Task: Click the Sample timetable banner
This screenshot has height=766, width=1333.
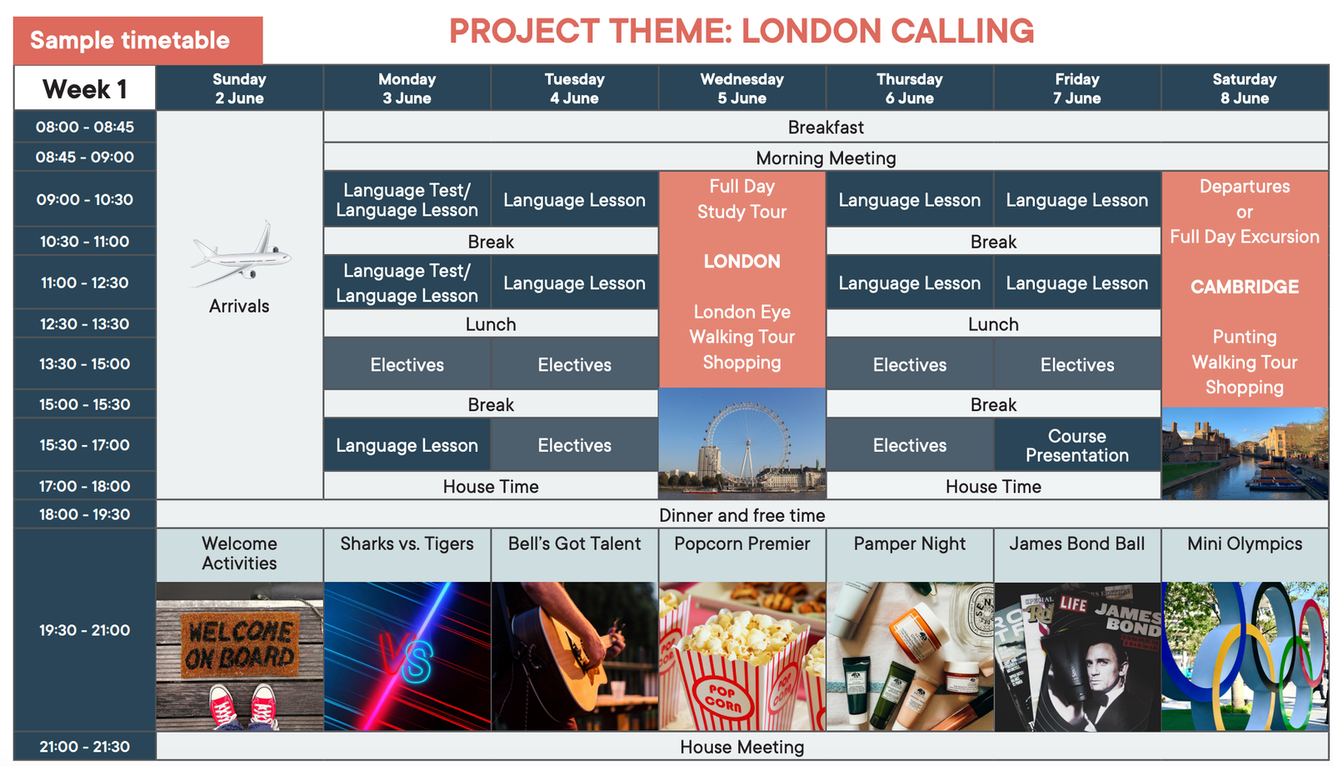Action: click(137, 41)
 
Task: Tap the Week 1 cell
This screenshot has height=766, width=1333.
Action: click(84, 89)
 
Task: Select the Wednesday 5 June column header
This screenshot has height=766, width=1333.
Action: click(742, 88)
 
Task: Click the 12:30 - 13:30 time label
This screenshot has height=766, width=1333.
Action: click(84, 323)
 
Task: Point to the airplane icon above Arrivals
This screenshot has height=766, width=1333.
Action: click(241, 254)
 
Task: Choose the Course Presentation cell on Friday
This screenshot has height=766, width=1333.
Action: click(1077, 445)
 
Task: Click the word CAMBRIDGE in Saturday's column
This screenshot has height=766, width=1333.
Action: click(1245, 287)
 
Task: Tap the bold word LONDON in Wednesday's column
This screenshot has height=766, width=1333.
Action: click(741, 261)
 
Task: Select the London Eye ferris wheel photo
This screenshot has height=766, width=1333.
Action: click(742, 443)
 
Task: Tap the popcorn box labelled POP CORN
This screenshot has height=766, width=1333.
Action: click(738, 678)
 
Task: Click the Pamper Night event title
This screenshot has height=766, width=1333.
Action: click(909, 544)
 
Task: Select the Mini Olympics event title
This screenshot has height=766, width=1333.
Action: click(1245, 544)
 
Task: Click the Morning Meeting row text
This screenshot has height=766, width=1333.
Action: click(826, 158)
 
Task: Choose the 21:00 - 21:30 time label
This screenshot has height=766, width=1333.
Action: click(84, 746)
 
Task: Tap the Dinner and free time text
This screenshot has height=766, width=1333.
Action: click(741, 515)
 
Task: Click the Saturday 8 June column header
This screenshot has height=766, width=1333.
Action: click(1245, 88)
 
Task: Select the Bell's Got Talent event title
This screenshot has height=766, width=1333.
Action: click(574, 544)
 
